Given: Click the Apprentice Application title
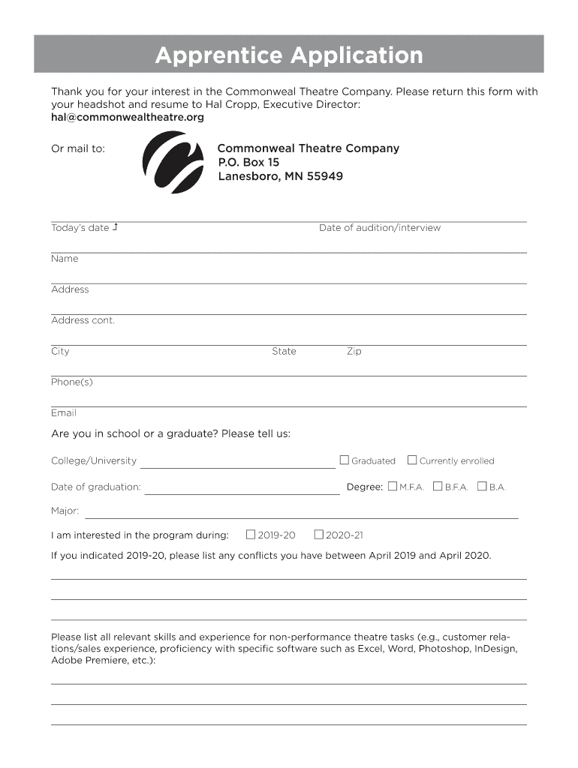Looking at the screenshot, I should click(288, 55).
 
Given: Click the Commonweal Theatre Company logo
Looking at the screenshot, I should click(173, 162).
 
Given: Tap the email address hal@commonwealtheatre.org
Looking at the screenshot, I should click(127, 118).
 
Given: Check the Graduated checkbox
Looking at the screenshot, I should click(345, 460).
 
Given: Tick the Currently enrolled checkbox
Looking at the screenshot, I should click(412, 460).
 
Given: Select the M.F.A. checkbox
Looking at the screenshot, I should click(393, 486).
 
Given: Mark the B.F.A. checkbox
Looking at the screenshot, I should click(438, 486).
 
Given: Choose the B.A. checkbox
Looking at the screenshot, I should click(482, 486).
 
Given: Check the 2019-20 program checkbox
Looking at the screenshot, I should click(251, 535).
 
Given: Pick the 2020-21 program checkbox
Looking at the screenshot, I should click(318, 535).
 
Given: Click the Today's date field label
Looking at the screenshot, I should click(80, 228).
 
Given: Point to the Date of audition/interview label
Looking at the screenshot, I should click(380, 228).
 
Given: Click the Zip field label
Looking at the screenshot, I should click(354, 351).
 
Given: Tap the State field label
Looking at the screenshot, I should click(284, 351).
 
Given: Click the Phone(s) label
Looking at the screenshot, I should click(72, 382).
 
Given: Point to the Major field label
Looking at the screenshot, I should click(65, 511).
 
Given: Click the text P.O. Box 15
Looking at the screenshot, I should click(248, 162).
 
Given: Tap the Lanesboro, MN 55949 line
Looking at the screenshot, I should click(280, 176).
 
